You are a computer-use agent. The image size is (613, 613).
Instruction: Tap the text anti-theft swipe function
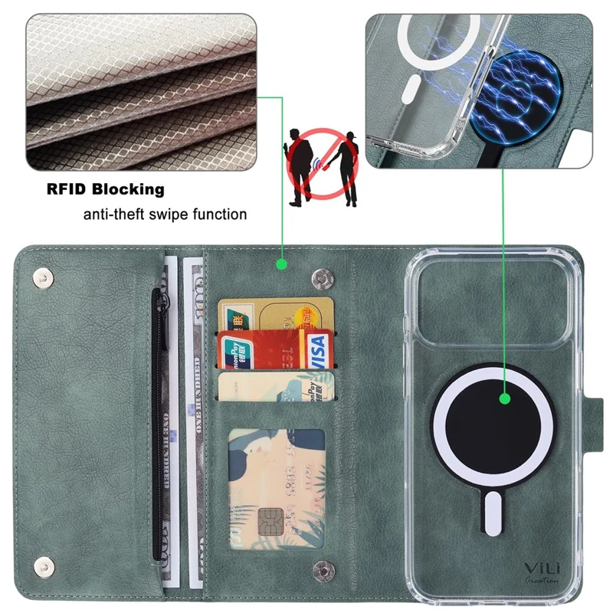click(165, 214)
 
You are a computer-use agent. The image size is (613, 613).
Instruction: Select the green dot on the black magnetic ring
click(504, 398)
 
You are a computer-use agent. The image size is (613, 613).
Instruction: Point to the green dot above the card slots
click(281, 264)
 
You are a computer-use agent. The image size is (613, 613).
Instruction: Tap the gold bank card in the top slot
click(276, 313)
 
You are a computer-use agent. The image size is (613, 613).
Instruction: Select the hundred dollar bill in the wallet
click(192, 414)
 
